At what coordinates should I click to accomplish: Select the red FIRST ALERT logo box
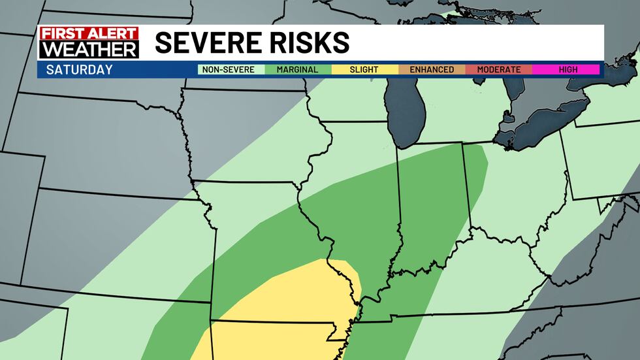tap(88, 33)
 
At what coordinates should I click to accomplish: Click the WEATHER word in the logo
tap(88, 50)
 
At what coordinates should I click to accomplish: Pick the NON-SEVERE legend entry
tap(231, 70)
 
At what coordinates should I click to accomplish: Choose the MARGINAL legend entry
tap(298, 70)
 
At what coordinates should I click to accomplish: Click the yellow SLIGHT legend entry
tap(364, 70)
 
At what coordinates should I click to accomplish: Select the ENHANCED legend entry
tap(432, 70)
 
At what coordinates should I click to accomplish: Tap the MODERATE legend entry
tap(498, 70)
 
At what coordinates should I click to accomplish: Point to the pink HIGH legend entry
tap(566, 70)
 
